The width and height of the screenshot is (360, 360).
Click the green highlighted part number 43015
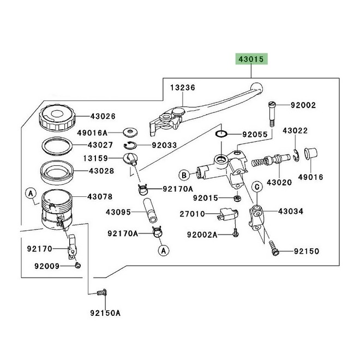tap(251, 59)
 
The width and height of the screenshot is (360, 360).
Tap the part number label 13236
tap(183, 87)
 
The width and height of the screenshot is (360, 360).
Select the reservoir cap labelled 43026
tap(57, 118)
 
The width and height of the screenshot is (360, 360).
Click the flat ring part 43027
tap(57, 146)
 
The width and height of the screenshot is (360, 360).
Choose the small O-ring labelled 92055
tap(221, 134)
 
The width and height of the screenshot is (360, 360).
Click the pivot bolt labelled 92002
tap(272, 114)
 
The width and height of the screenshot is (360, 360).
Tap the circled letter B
tap(184, 176)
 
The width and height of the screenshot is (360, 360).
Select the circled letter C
tap(257, 187)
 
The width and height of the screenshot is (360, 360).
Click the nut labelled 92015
tap(237, 198)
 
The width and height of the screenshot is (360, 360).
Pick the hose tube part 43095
tap(150, 211)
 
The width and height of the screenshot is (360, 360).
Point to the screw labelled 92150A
tap(102, 293)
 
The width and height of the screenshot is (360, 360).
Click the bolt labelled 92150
tap(273, 248)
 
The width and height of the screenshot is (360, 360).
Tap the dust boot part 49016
tap(311, 154)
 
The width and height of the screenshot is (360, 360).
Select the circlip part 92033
tap(130, 145)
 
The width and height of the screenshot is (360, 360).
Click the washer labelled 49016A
tap(130, 132)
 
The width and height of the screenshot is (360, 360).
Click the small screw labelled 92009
tap(77, 266)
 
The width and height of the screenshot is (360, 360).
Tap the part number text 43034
tap(291, 211)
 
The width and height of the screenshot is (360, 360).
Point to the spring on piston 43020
tap(259, 162)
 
